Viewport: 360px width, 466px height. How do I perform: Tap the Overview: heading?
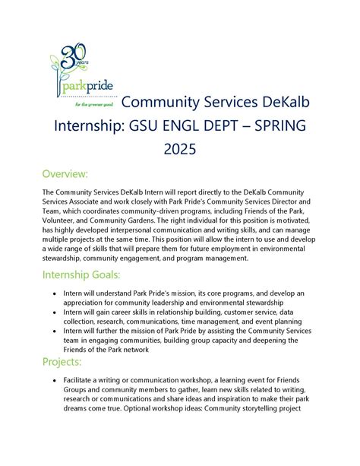65,174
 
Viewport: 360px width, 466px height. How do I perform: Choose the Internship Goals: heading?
83,273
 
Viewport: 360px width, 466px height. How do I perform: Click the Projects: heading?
62,361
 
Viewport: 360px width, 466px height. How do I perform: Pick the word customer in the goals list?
245,312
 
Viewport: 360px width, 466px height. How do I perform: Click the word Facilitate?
86,378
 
